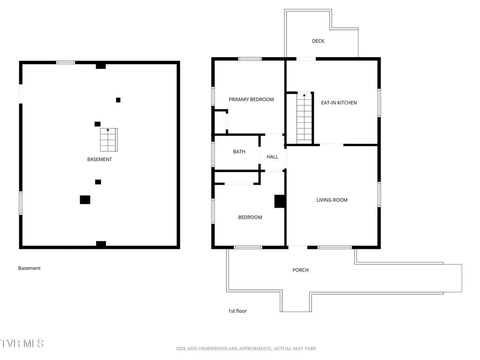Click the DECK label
[318, 41]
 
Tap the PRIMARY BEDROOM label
[251, 99]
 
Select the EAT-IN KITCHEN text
[338, 103]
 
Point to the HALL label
[272, 157]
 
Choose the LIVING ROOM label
[332, 200]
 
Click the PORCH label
[300, 270]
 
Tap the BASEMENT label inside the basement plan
[99, 159]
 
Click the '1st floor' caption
[237, 311]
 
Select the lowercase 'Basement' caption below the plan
[30, 268]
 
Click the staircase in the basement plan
[108, 140]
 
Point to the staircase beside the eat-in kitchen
[304, 118]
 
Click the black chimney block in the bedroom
[280, 201]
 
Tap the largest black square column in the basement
[85, 200]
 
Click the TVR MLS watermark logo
[22, 344]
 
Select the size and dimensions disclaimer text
[246, 348]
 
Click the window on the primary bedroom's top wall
[249, 59]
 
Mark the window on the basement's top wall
[66, 62]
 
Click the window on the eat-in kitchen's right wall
[379, 103]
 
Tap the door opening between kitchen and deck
[306, 59]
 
